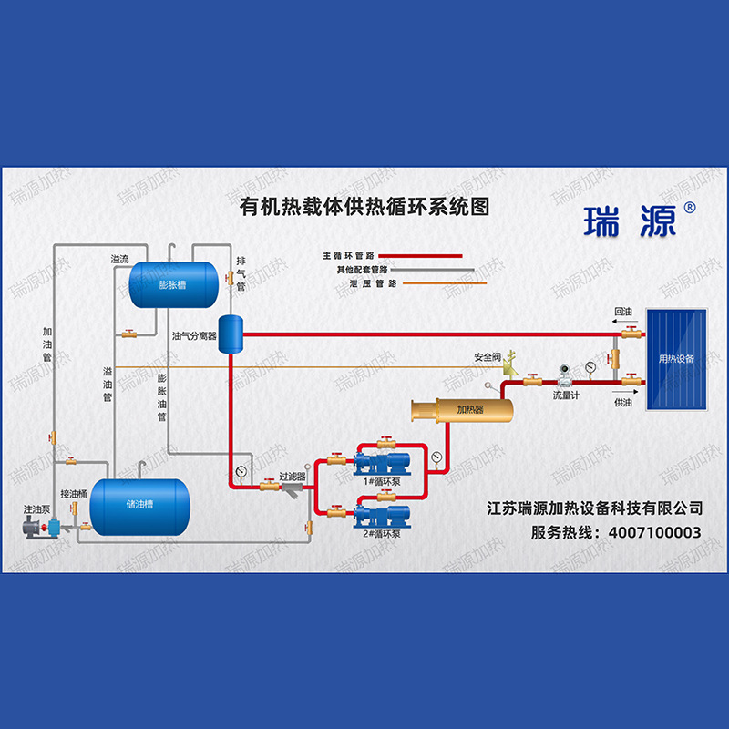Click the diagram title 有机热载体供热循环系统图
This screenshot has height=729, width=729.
pyautogui.click(x=364, y=207)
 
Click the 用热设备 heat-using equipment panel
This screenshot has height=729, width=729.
pyautogui.click(x=676, y=359)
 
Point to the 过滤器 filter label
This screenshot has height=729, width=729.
pyautogui.click(x=292, y=476)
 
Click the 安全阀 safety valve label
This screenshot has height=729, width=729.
pyautogui.click(x=487, y=356)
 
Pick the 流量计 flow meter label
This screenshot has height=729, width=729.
pyautogui.click(x=567, y=397)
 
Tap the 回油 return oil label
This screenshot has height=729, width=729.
pyautogui.click(x=623, y=312)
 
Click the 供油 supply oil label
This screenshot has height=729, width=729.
pyautogui.click(x=623, y=402)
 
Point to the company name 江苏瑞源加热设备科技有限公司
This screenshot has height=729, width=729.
pyautogui.click(x=595, y=507)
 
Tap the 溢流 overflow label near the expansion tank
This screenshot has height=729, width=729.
pyautogui.click(x=119, y=259)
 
